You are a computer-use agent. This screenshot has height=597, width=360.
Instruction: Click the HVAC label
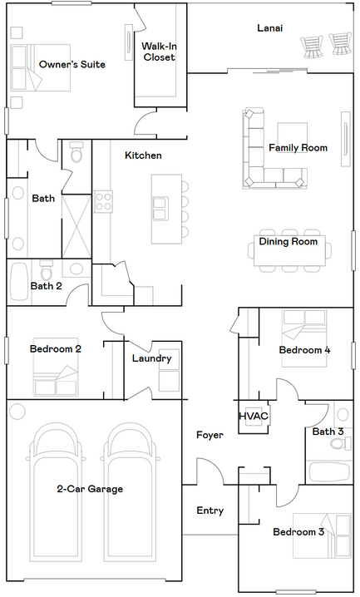(254, 416)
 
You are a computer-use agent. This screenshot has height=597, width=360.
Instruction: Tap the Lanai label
(270, 27)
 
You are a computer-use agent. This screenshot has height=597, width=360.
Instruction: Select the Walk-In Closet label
(159, 52)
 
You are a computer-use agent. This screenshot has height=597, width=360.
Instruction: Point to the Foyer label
(210, 435)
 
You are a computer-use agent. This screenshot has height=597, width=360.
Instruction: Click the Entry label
(210, 511)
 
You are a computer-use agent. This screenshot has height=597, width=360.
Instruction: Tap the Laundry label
(152, 358)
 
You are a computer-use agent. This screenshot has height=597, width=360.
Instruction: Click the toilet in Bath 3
(341, 443)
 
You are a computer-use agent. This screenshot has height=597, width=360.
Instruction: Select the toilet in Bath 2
(47, 271)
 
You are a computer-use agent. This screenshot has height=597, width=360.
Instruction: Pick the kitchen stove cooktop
(103, 201)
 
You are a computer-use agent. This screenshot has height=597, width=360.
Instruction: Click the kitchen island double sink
(160, 209)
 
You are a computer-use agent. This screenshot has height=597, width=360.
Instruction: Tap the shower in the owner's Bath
(76, 226)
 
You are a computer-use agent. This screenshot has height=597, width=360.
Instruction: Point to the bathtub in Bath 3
(329, 472)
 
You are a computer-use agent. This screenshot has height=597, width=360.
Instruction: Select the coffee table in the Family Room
(293, 137)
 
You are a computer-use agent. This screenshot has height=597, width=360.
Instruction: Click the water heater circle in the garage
(17, 412)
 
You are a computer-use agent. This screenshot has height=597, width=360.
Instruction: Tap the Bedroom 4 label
(304, 350)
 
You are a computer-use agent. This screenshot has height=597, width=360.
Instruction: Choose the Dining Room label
(288, 242)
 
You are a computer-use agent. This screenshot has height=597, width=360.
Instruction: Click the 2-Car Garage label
(90, 489)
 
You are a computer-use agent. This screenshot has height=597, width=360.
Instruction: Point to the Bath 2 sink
(76, 269)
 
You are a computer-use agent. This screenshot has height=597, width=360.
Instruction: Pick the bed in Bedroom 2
(56, 367)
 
